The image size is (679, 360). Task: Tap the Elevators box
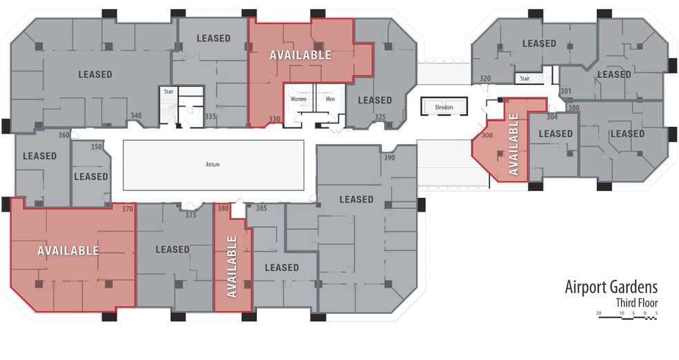[444, 107]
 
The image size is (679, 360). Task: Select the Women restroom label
[298, 99]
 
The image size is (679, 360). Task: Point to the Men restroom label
[330, 99]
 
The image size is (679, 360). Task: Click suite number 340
[136, 116]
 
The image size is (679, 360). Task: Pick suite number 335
[210, 117]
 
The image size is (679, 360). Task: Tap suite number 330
[275, 119]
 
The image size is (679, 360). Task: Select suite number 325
[380, 117]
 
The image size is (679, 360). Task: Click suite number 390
[388, 159]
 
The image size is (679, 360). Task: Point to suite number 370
[127, 208]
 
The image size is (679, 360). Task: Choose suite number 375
[191, 215]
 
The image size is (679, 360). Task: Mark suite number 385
[261, 208]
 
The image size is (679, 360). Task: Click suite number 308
[486, 136]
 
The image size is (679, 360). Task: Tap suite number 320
[485, 79]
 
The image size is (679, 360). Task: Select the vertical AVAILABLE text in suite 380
[232, 266]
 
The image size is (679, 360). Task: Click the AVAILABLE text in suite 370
[68, 250]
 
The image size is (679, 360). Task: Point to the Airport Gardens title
[611, 286]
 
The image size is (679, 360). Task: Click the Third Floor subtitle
[636, 302]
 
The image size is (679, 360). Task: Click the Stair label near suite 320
[524, 79]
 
